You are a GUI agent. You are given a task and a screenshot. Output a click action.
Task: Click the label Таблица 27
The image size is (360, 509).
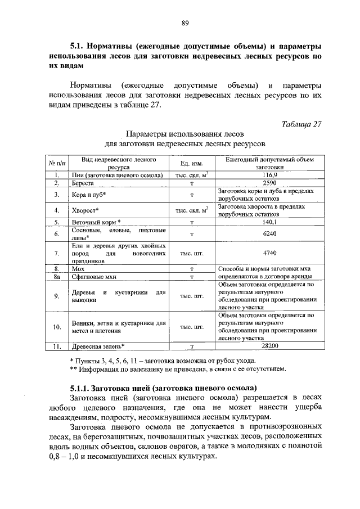pos(301,124)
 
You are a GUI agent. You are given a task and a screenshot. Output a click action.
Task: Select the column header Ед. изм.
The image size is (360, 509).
pos(191,163)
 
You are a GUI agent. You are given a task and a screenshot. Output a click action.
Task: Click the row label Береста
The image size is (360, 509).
pos(82,183)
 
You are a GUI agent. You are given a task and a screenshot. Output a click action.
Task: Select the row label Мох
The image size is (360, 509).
pos(78,269)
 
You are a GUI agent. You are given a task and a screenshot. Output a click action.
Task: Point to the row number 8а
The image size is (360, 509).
pos(57,277)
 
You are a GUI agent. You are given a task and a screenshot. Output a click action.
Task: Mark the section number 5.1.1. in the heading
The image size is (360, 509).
pos(78,388)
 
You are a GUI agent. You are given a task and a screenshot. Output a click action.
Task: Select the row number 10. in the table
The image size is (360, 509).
pos(57,327)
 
